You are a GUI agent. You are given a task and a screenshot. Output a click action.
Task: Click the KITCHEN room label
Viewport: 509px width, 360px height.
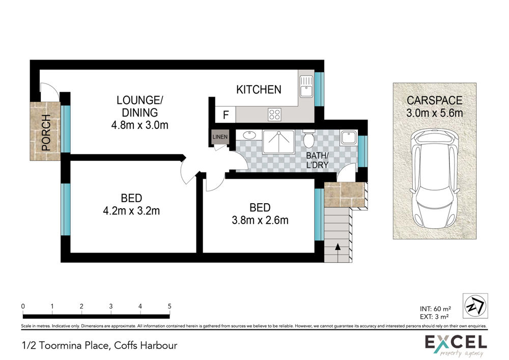pyautogui.click(x=259, y=90)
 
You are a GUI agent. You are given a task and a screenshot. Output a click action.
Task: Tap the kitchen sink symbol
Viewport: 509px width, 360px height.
pyautogui.click(x=306, y=86)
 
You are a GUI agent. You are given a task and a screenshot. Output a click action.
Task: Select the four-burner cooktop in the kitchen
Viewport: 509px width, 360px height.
pyautogui.click(x=275, y=115)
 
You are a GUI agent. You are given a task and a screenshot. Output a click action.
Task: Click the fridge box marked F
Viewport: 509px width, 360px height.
pyautogui.click(x=225, y=115)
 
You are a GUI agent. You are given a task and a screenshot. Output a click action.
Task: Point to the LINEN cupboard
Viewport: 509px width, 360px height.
pyautogui.click(x=220, y=137)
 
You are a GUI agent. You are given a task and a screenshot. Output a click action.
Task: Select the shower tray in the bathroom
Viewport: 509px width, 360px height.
pyautogui.click(x=278, y=142)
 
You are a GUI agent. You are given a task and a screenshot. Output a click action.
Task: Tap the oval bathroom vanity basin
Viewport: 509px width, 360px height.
pyautogui.click(x=249, y=135)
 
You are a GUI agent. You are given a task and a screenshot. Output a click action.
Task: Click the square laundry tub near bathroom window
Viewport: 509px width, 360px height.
pyautogui.click(x=349, y=137)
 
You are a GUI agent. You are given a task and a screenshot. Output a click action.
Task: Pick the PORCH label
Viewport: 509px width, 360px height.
pyautogui.click(x=46, y=132)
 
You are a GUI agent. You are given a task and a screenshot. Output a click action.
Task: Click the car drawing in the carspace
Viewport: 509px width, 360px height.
pyautogui.click(x=434, y=179)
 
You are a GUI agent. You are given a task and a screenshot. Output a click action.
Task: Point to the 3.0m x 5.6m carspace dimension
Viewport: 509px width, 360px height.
pyautogui.click(x=434, y=113)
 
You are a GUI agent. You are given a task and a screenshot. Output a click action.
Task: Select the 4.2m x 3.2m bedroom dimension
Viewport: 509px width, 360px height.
pyautogui.click(x=131, y=211)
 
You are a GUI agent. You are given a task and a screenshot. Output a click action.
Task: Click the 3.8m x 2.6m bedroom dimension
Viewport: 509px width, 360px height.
pyautogui.click(x=260, y=220)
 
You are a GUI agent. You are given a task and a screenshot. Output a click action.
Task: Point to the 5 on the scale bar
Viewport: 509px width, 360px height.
pyautogui.click(x=169, y=306)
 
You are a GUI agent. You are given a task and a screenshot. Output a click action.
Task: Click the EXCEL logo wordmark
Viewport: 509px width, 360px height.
pyautogui.click(x=456, y=343)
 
